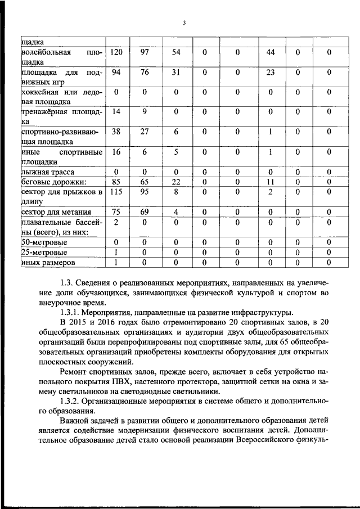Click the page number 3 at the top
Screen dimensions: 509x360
coord(183,22)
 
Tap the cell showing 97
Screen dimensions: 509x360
coord(145,52)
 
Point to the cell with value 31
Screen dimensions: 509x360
coord(175,73)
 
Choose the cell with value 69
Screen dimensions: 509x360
coord(145,212)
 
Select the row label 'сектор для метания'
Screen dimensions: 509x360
coord(53,213)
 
